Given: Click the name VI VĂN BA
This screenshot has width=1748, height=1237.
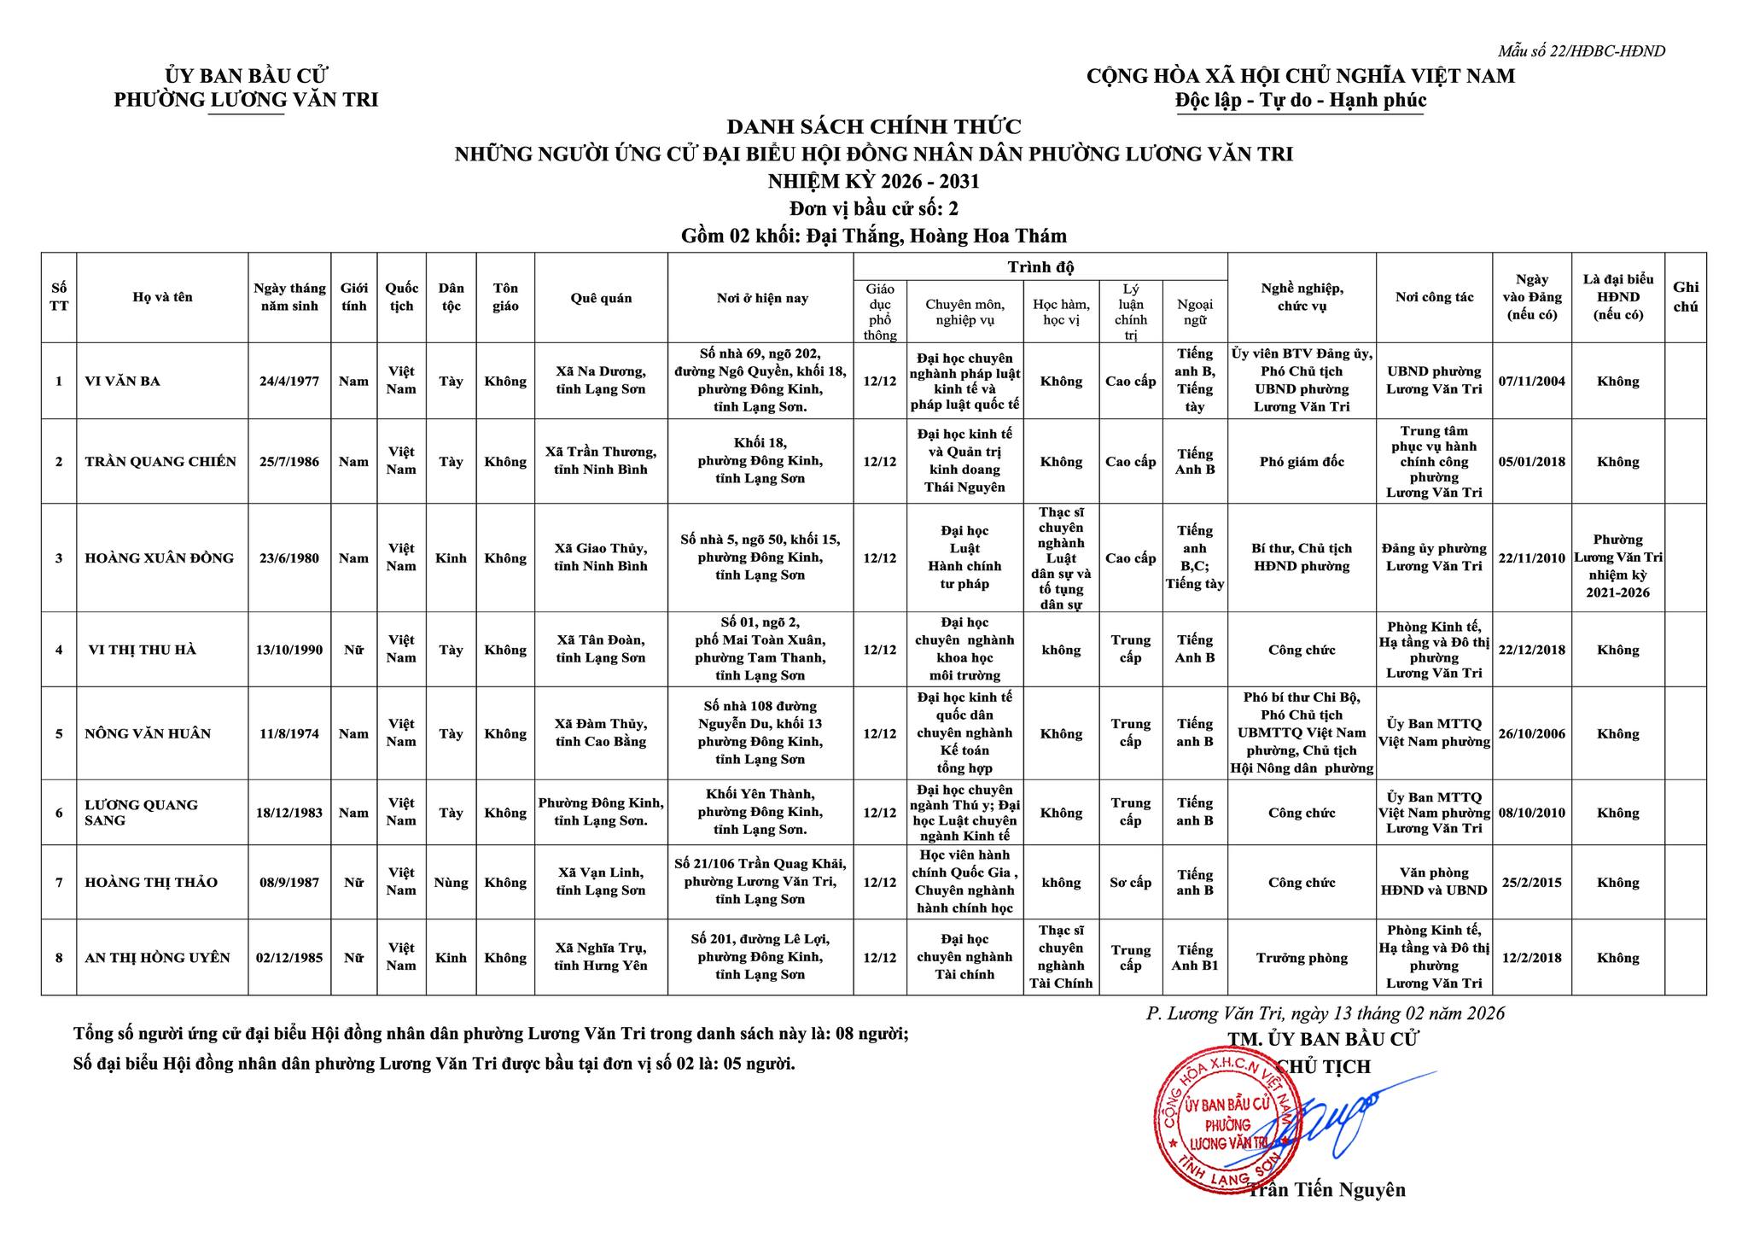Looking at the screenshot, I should [123, 381].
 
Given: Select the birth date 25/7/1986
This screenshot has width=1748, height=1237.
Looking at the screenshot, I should [289, 462].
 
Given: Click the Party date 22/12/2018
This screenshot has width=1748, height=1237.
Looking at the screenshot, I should [1531, 650].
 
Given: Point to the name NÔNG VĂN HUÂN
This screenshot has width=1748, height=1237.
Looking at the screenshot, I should [148, 733].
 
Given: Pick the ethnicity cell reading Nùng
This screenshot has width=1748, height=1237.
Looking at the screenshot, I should [451, 882].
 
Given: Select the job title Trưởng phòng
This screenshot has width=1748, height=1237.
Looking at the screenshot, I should [1302, 958].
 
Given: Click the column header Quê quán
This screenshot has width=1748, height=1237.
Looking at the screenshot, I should [601, 298].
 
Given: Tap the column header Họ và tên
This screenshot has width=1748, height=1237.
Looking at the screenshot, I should [162, 297].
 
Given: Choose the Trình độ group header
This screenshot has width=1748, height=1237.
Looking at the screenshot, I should [1040, 266].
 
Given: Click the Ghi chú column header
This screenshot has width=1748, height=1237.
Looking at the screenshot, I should [1685, 297].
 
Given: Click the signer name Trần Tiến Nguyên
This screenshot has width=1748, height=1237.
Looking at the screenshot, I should [1326, 1189].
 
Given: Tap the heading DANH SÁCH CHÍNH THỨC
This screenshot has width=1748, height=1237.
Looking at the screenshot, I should [874, 127].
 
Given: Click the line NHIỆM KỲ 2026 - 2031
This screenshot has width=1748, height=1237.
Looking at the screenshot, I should [874, 181].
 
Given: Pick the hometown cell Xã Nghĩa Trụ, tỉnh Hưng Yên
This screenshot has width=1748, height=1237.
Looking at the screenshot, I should [601, 958].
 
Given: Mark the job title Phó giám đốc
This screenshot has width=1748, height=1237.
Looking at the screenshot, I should [1302, 462].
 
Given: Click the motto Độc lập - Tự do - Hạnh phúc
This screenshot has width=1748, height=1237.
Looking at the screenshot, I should [1300, 101].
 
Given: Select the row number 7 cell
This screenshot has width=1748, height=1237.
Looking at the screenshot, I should [59, 882].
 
